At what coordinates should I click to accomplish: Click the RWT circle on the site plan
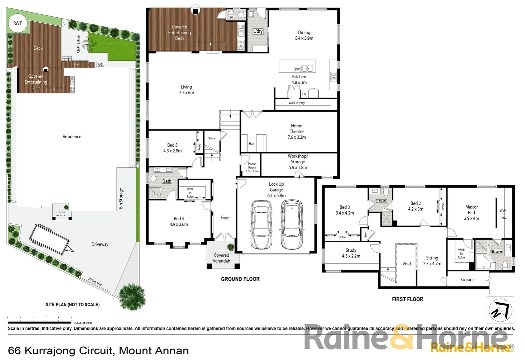pyautogui.click(x=17, y=23)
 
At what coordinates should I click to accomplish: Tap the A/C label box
pyautogui.click(x=100, y=64)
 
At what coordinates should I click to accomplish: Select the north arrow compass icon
pyautogui.click(x=500, y=310)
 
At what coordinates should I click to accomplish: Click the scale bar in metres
pyautogui.click(x=39, y=322)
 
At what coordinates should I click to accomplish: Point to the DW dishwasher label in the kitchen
pyautogui.click(x=297, y=69)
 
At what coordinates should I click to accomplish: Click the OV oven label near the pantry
pyautogui.click(x=304, y=94)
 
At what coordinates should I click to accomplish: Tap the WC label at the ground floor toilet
pyautogui.click(x=232, y=17)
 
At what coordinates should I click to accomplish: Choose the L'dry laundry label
pyautogui.click(x=258, y=31)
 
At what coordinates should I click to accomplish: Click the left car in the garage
pyautogui.click(x=261, y=225)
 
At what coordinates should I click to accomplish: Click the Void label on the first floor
pyautogui.click(x=406, y=264)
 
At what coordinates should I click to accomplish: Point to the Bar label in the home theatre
pyautogui.click(x=252, y=144)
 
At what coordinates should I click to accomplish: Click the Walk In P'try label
pyautogui.click(x=296, y=103)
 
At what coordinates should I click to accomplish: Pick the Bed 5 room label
pyautogui.click(x=172, y=148)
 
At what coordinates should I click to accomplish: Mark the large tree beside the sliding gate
pyautogui.click(x=132, y=296)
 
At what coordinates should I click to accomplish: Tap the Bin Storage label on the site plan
pyautogui.click(x=121, y=198)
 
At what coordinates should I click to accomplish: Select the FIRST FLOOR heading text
pyautogui.click(x=407, y=299)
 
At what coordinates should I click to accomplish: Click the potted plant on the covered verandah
pyautogui.click(x=231, y=247)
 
